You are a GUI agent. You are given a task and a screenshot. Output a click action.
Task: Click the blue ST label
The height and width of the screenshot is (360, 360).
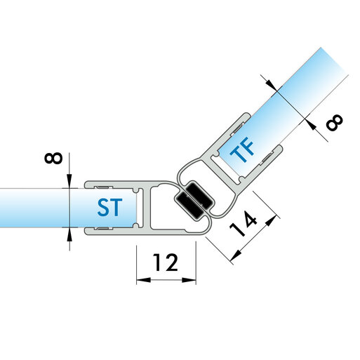109,207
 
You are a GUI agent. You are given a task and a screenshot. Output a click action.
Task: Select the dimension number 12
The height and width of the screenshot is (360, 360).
166,262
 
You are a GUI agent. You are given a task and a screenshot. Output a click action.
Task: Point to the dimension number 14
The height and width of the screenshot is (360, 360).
244,224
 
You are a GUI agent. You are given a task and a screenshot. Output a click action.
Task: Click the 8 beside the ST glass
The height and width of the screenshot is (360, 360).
53,158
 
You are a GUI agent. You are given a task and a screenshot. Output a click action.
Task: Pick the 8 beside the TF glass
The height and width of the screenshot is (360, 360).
335,122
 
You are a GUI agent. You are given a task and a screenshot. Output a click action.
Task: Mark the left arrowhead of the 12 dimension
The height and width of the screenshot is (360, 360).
143,280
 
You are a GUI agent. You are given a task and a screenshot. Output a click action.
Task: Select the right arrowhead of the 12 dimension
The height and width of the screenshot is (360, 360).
189,280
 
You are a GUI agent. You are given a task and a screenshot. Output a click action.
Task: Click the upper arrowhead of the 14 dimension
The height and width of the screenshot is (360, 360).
271,221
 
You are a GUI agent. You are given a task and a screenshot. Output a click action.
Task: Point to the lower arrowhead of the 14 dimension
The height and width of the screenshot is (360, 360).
236,255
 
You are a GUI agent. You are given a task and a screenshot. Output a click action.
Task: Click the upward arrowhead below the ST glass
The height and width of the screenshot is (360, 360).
69,234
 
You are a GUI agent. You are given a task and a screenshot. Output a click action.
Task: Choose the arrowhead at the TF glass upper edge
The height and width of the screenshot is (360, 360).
272,85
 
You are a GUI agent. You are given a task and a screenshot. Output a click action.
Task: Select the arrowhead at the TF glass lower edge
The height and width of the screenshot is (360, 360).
311,125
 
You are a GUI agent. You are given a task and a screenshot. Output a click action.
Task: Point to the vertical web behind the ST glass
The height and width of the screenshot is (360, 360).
145,208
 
